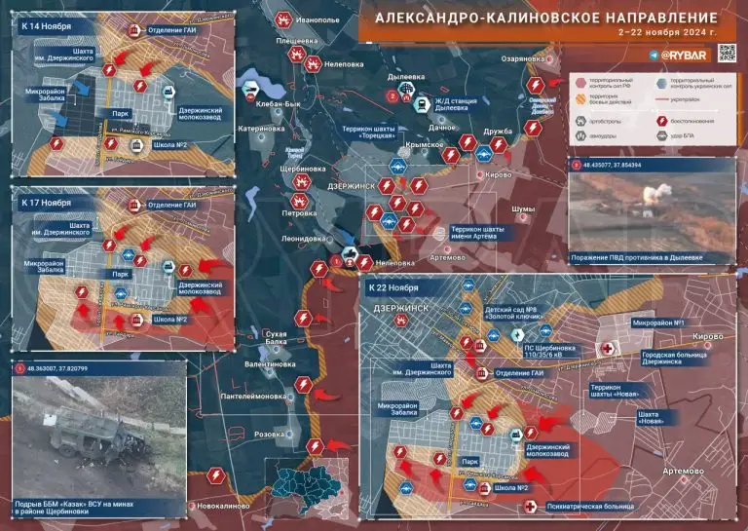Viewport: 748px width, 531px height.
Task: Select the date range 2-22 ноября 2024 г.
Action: click(667, 34)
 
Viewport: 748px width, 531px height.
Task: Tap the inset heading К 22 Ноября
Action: click(393, 289)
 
